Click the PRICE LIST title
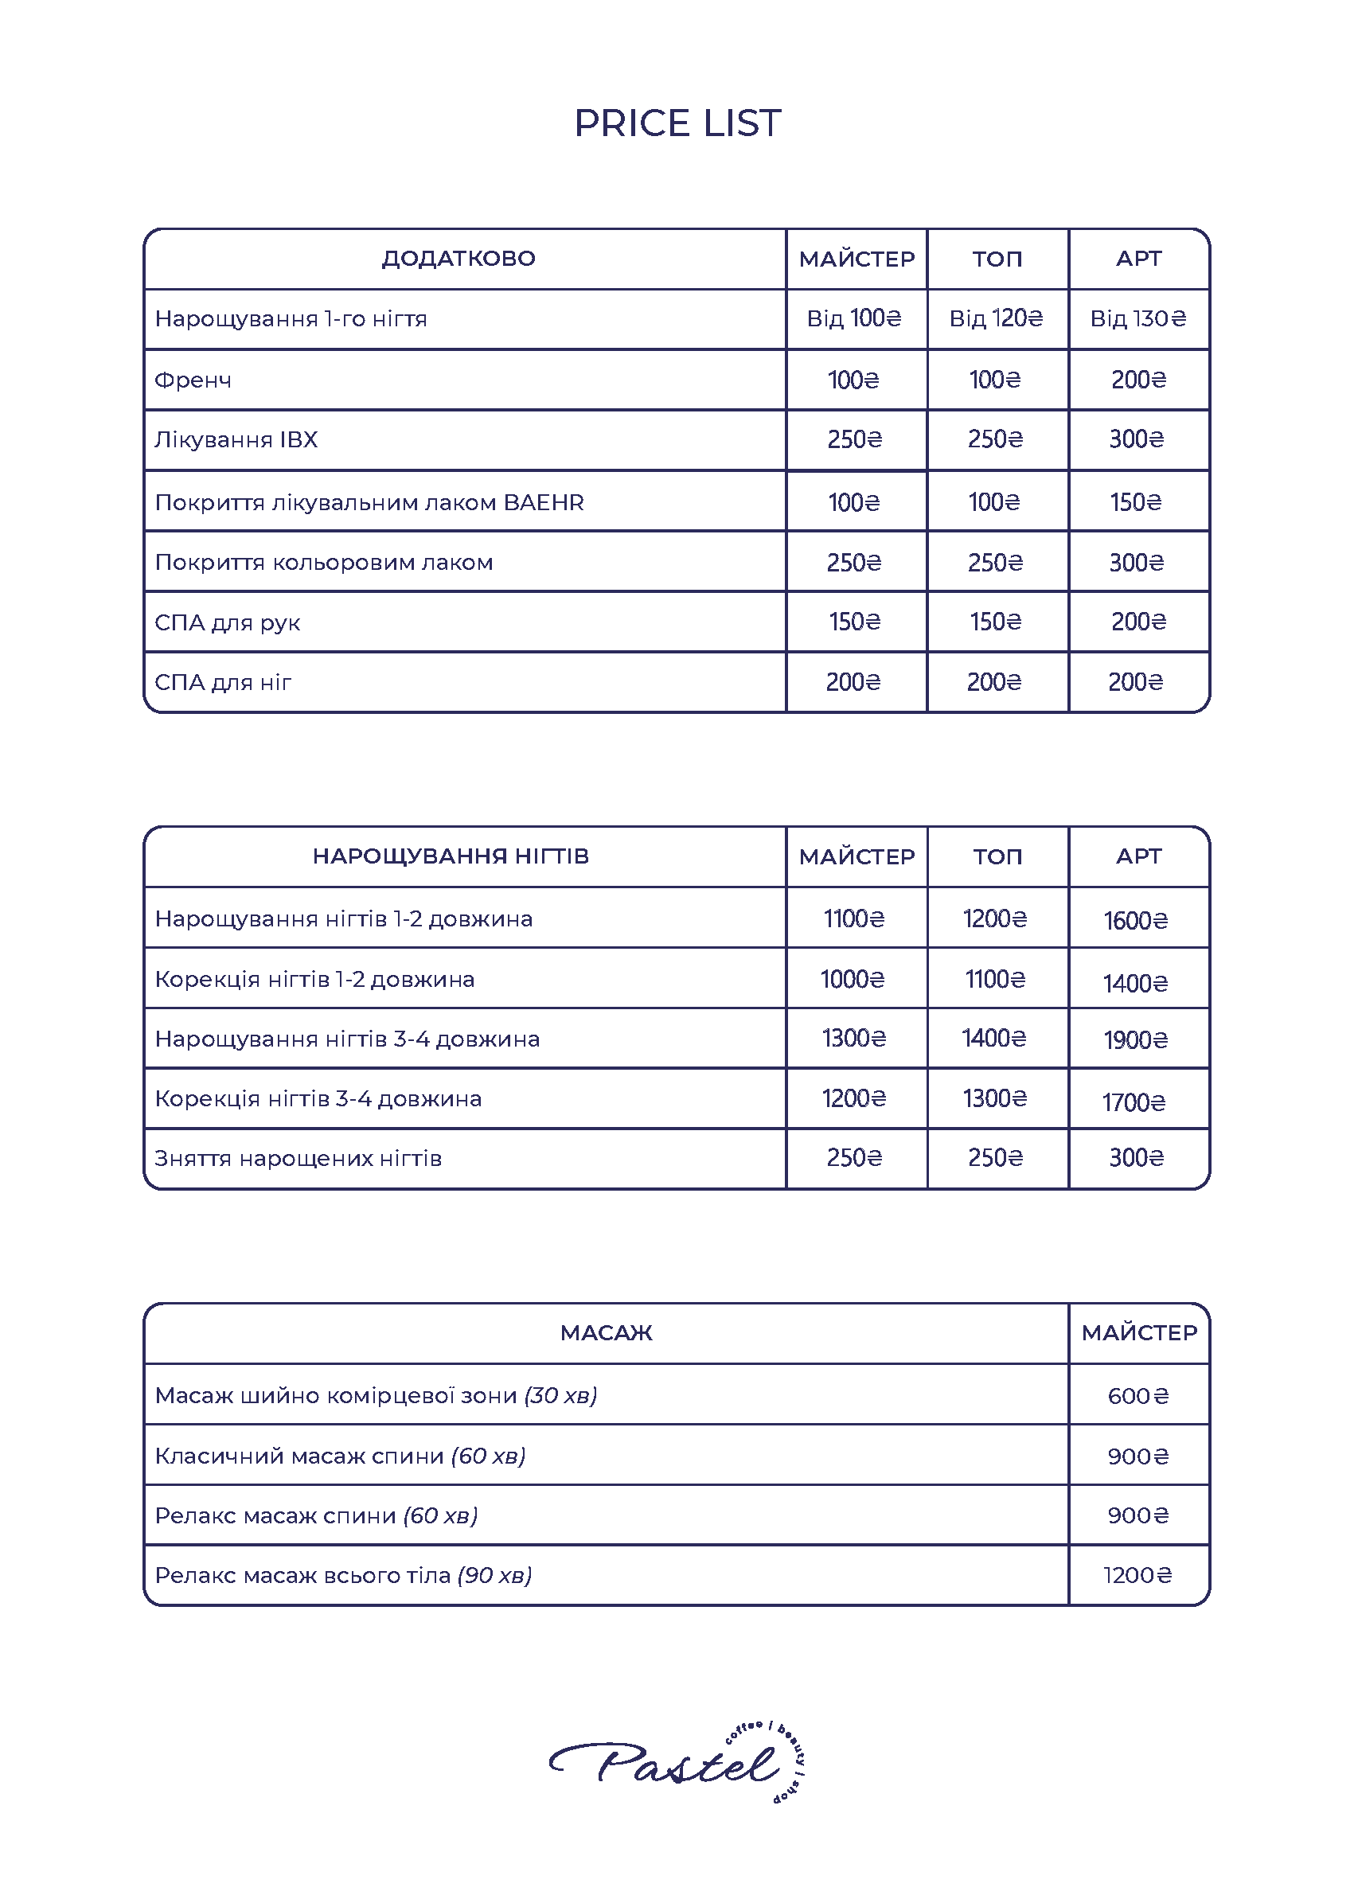[x=677, y=123]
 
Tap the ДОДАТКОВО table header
[x=458, y=259]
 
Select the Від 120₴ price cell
[x=997, y=318]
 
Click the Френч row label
[x=193, y=380]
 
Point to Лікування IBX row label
[x=236, y=439]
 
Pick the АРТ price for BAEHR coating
[x=1136, y=502]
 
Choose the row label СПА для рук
[x=228, y=622]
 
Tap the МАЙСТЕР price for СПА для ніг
[x=854, y=682]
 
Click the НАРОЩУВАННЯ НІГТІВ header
[x=451, y=856]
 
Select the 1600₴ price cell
[x=1136, y=920]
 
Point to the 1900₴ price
[x=1136, y=1039]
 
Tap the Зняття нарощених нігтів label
[x=298, y=1159]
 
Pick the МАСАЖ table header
[x=606, y=1333]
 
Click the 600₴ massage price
[x=1138, y=1395]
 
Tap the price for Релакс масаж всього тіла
[x=1137, y=1575]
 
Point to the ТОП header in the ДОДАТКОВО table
[x=997, y=259]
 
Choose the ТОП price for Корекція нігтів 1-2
[x=996, y=979]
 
